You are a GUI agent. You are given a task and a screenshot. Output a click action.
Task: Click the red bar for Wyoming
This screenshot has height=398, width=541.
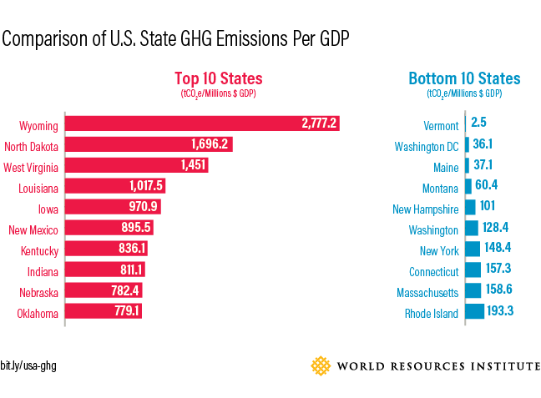click(x=200, y=123)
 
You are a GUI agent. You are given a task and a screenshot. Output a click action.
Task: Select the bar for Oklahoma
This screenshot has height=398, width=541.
click(x=104, y=311)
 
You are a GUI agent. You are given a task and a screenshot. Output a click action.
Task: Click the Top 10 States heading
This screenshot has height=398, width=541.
click(x=218, y=78)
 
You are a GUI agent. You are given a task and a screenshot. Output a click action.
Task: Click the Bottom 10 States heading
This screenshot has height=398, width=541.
click(x=464, y=78)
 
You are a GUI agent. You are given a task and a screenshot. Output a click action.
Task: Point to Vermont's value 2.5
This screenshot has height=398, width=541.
click(x=478, y=123)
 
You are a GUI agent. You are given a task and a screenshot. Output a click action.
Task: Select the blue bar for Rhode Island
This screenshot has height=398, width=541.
click(x=474, y=311)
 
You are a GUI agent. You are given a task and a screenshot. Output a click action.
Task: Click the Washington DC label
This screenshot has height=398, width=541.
click(x=427, y=147)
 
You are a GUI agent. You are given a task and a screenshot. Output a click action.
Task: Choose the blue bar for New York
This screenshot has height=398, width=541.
click(x=473, y=249)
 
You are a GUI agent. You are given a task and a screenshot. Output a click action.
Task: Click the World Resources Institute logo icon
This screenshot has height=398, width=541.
click(x=321, y=365)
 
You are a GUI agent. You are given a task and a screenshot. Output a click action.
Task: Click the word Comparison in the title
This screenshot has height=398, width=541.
click(x=41, y=38)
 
